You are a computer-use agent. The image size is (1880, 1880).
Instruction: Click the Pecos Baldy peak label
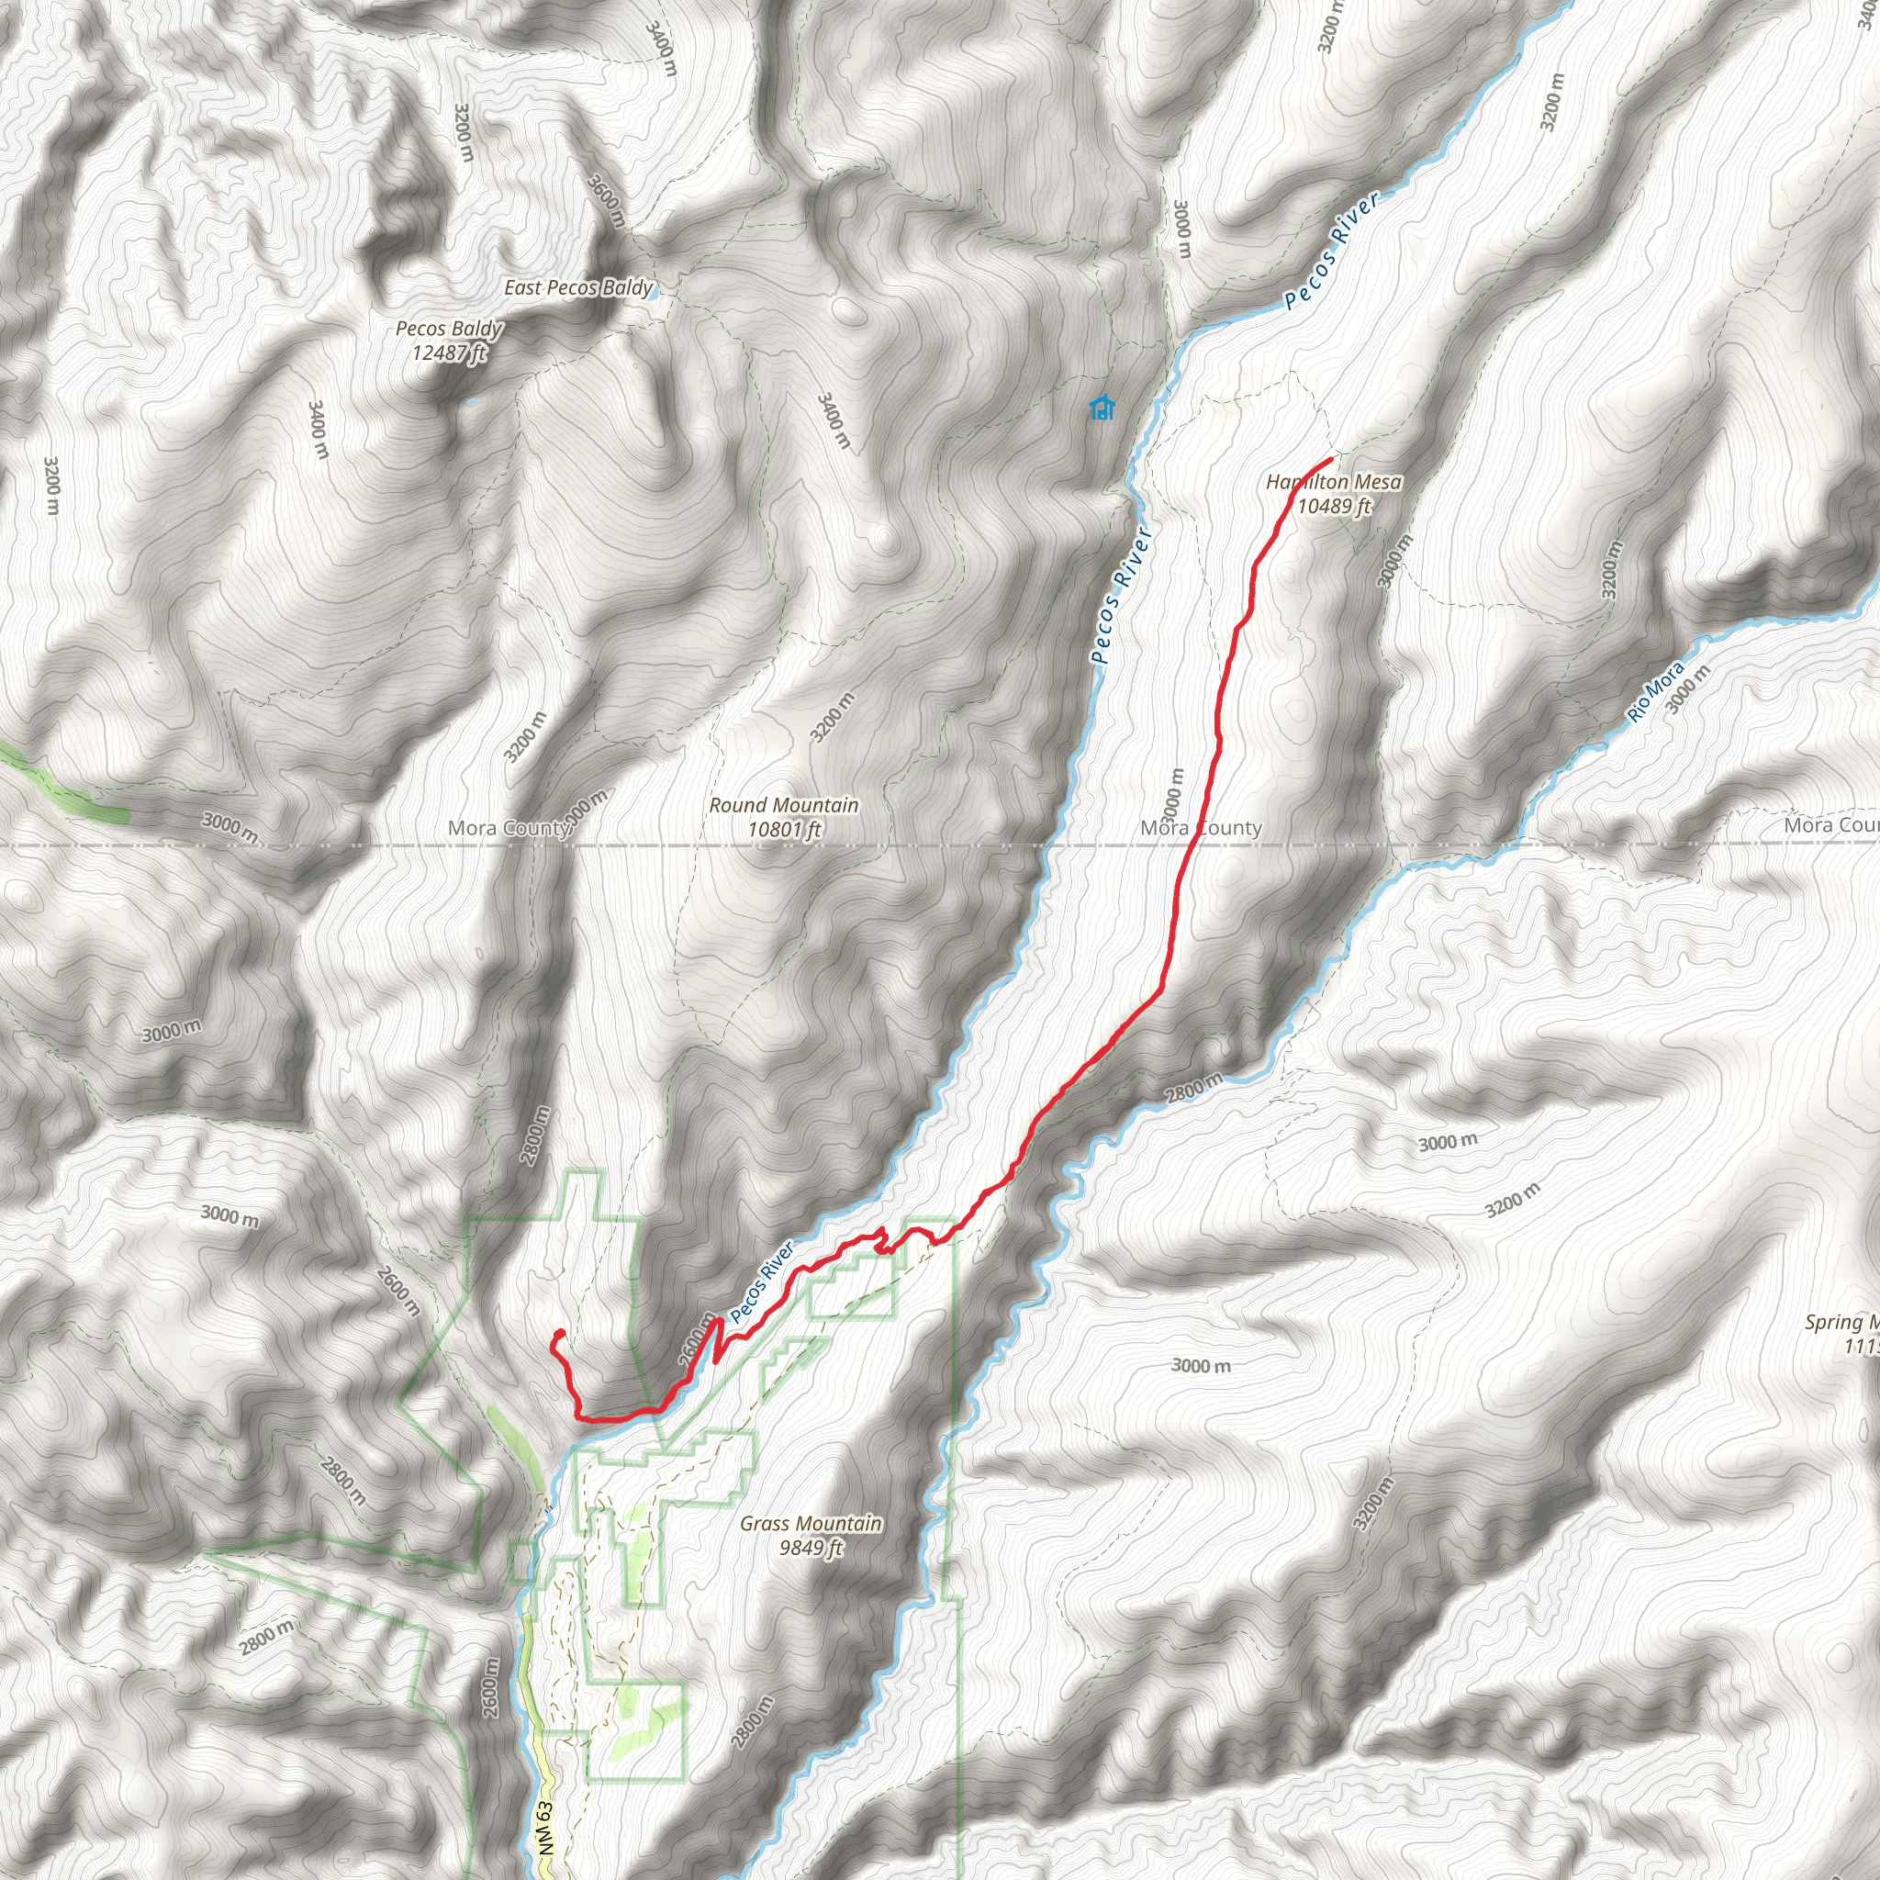click(449, 329)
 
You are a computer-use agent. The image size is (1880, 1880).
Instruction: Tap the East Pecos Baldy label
click(578, 287)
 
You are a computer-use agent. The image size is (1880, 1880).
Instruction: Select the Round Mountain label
click(783, 805)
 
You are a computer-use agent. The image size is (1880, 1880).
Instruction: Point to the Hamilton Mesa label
click(1333, 482)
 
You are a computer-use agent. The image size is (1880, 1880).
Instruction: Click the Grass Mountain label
click(811, 1523)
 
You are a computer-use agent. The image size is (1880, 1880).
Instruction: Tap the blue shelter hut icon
click(1102, 408)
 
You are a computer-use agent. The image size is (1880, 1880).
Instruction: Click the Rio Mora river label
click(1654, 692)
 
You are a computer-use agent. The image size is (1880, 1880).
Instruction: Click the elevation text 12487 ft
click(449, 352)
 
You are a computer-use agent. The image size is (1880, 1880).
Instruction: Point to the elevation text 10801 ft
click(784, 829)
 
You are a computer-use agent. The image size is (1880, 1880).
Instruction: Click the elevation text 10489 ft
click(1333, 506)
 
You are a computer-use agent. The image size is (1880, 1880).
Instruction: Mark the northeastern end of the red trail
click(1330, 459)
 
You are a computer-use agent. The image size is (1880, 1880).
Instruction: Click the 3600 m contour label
click(605, 200)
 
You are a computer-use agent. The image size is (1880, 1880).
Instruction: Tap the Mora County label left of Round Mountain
click(509, 828)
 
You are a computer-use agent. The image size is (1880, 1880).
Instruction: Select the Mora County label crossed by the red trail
click(1201, 828)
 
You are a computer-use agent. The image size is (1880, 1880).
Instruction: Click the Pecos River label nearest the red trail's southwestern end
click(762, 1281)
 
